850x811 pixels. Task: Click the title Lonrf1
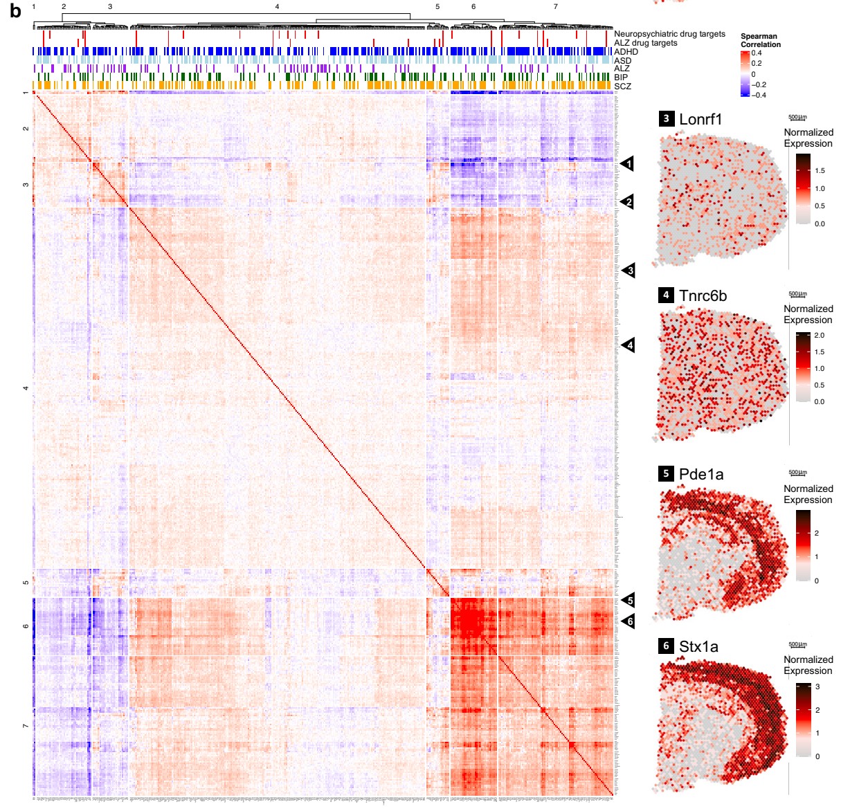700,119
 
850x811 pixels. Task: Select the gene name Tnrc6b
703,295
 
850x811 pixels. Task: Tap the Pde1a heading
701,474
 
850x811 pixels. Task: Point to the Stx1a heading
698,647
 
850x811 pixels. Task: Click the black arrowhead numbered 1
628,164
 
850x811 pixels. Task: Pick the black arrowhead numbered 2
628,202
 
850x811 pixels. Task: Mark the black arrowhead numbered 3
628,270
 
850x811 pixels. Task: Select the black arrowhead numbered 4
628,345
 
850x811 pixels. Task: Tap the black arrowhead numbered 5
628,601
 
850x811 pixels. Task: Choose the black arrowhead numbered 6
628,621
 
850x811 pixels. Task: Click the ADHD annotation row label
626,52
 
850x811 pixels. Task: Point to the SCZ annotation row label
622,86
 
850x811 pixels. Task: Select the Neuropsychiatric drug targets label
669,34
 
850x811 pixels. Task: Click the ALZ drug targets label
645,43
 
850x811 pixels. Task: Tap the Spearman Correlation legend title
760,40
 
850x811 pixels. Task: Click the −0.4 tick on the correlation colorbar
759,95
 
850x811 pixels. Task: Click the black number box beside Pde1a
666,474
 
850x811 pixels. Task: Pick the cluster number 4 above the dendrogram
277,6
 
